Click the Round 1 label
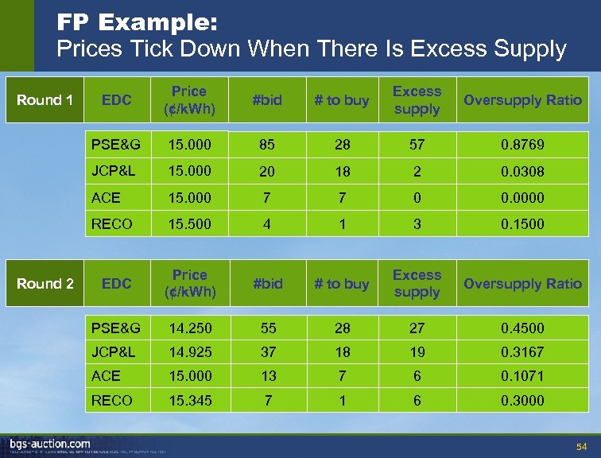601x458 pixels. click(45, 100)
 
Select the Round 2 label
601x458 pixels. click(45, 284)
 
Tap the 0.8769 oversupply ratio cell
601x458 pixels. click(522, 145)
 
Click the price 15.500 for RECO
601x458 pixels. click(189, 224)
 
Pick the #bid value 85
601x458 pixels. click(266, 145)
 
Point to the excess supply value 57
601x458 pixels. click(417, 145)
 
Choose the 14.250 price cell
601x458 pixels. click(189, 328)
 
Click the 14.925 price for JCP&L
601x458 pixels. click(189, 351)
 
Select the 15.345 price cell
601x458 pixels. click(189, 401)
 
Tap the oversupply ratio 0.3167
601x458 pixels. click(522, 351)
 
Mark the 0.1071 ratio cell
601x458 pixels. click(522, 376)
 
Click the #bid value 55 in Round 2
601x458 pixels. click(266, 328)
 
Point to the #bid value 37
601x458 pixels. click(266, 351)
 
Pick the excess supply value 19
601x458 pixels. click(417, 351)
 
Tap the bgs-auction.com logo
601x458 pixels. click(49, 444)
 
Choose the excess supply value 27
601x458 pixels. click(417, 328)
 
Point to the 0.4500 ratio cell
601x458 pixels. click(522, 328)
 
